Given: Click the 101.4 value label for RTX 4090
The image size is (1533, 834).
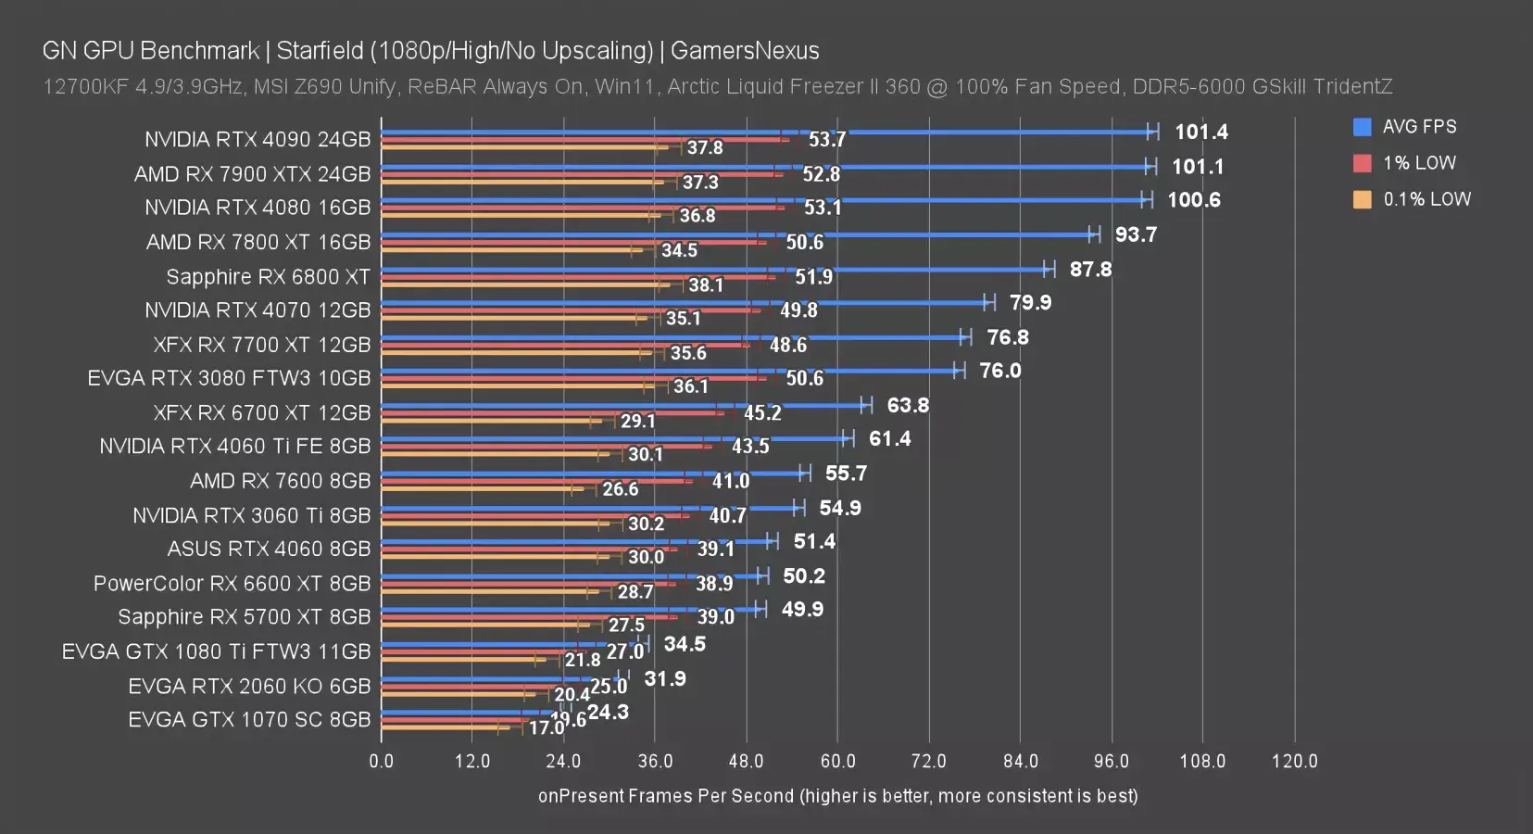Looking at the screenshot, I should point(1200,132).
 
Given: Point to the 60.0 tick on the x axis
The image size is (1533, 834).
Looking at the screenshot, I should point(837,762).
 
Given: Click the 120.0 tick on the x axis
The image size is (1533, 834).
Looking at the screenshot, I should point(1294,762).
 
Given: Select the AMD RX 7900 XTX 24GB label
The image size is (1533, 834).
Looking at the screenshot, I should point(252,174).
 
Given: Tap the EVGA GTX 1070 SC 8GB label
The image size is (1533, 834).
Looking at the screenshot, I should point(249,720).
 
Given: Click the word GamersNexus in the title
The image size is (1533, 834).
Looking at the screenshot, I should point(745,50).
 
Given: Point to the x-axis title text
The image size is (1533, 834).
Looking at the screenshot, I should point(837,796).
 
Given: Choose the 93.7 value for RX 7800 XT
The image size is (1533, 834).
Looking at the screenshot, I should point(1136,234).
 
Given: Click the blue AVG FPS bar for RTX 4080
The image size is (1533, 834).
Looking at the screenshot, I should point(760,200).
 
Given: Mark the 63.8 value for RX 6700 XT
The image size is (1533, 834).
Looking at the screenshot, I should point(908,405).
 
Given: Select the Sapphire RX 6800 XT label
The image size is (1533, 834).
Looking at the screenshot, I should point(268,277).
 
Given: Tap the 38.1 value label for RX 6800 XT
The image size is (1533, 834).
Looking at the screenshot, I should point(706,285).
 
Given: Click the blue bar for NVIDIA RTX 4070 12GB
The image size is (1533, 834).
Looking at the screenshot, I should point(685,303).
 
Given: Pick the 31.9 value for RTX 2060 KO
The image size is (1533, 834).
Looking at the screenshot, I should point(665,679).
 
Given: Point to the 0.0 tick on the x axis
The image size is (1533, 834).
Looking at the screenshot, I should point(381,762).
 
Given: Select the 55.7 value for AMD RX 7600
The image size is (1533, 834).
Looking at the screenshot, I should point(846,474).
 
